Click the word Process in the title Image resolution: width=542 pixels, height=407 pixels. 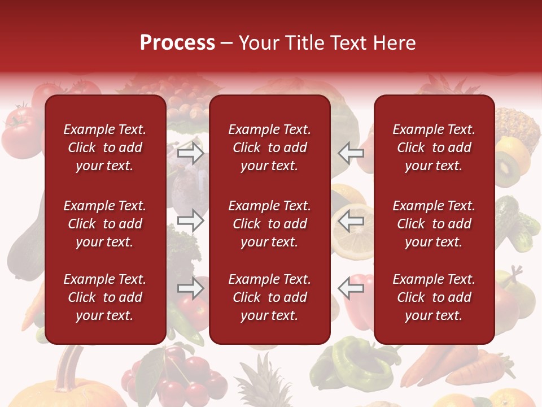[177, 43]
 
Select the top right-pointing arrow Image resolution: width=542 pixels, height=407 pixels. [191, 153]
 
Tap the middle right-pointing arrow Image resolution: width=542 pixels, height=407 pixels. [191, 220]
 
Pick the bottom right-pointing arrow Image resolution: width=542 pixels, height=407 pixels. [191, 288]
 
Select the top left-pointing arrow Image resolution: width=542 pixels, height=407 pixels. [351, 153]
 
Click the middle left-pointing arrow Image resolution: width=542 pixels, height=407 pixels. [351, 220]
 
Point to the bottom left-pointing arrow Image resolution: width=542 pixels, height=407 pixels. [351, 288]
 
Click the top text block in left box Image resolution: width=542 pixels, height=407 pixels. [105, 148]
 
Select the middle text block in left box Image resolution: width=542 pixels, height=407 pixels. [105, 224]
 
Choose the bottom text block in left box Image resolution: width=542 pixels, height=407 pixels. [105, 297]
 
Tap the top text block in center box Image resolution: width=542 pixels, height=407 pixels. [269, 148]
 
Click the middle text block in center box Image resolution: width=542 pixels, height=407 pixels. [269, 224]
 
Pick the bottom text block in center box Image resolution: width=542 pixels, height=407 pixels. [269, 297]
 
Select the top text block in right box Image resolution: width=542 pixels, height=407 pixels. [434, 148]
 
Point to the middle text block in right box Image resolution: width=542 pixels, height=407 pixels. [434, 224]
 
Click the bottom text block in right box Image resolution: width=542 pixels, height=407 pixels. [434, 297]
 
